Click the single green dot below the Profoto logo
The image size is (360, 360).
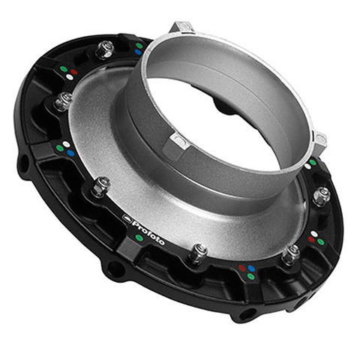139,238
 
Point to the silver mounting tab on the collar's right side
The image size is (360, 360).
319,139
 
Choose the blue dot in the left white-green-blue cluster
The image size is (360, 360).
70,152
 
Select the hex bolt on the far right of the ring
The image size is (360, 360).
321,196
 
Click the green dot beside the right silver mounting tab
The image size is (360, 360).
313,162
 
